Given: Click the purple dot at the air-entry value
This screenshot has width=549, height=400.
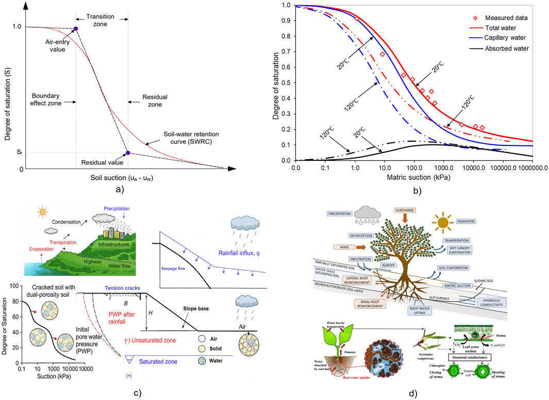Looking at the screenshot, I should coord(76,29).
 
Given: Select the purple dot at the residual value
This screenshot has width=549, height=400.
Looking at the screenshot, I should coord(128,153).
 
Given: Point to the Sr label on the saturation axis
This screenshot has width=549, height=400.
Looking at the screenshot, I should coord(19,153).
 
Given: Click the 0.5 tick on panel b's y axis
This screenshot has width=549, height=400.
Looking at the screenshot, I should coord(286,83).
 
